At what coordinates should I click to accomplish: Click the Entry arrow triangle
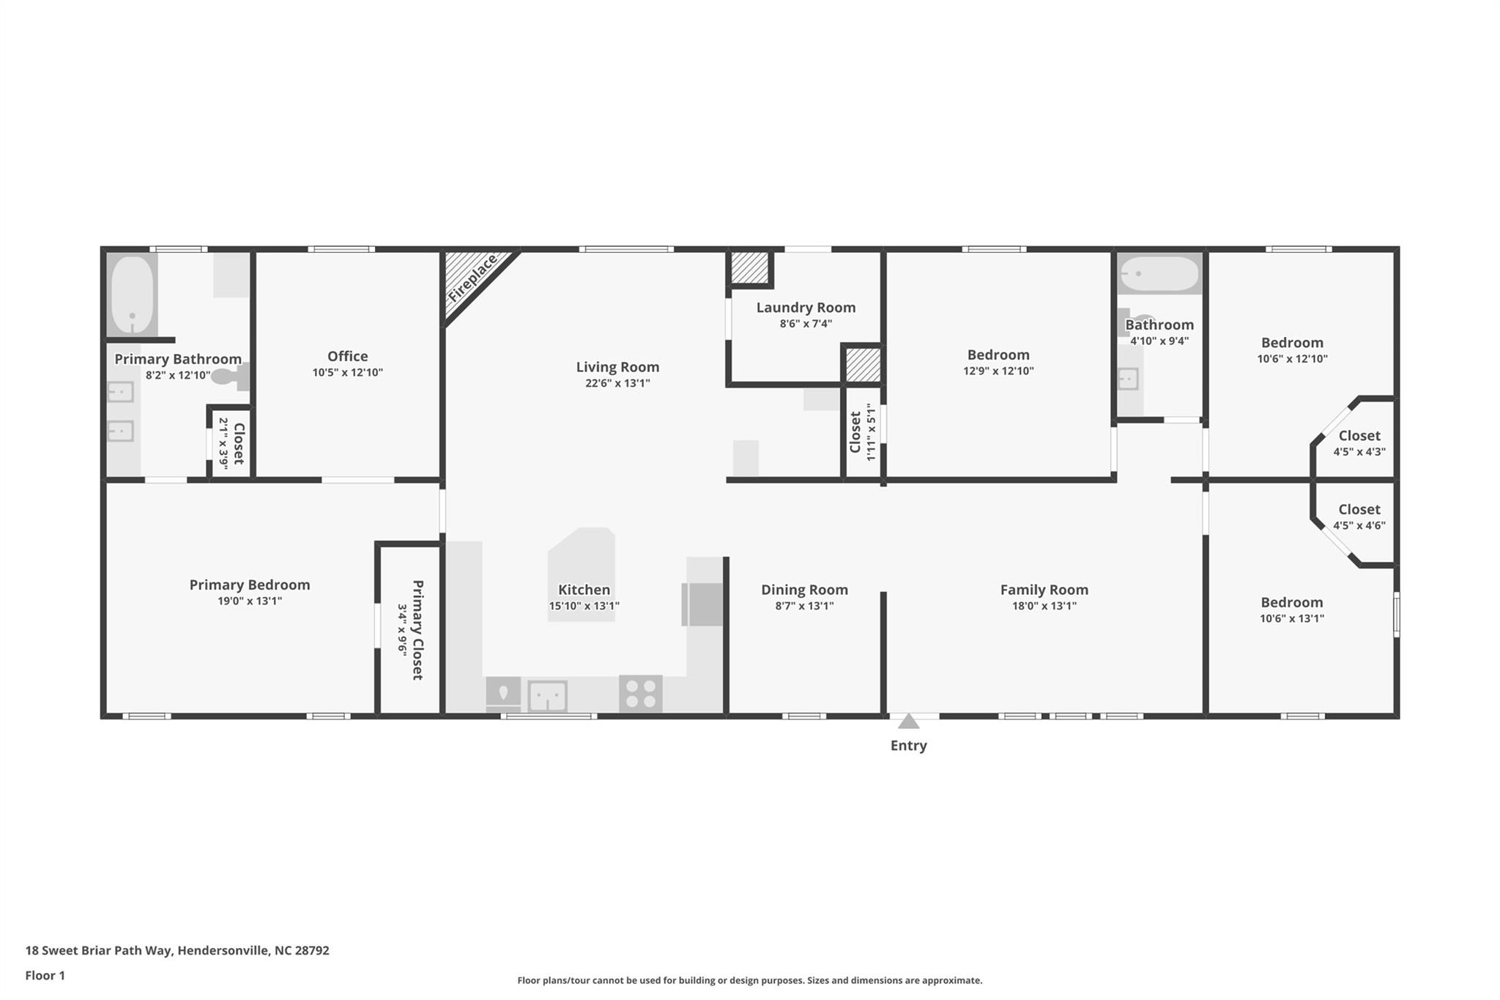pos(908,722)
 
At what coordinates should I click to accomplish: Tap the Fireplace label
pos(472,278)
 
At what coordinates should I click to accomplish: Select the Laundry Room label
pos(806,308)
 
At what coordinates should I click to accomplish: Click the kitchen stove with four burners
pos(641,694)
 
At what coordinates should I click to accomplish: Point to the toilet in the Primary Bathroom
pos(231,377)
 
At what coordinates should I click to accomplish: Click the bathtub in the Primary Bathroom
pos(133,295)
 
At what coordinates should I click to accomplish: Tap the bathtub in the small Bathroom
pos(1159,274)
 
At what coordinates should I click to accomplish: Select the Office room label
pos(348,356)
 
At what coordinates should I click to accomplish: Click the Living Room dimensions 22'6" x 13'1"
pos(617,383)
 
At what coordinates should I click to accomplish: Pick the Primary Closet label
pos(417,630)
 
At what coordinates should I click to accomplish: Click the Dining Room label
pos(804,590)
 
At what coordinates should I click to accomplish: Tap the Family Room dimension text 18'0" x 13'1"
pos(1044,606)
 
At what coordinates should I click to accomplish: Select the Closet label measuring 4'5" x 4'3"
pos(1359,436)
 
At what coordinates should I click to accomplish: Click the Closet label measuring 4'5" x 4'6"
pos(1359,510)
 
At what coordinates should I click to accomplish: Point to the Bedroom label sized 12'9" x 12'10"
pos(998,355)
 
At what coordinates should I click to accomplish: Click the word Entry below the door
pos(908,746)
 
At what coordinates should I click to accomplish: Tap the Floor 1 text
pos(45,976)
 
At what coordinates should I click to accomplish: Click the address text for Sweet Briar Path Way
pos(177,951)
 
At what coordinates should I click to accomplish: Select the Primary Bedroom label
pos(250,585)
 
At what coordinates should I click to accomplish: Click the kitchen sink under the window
pos(547,695)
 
